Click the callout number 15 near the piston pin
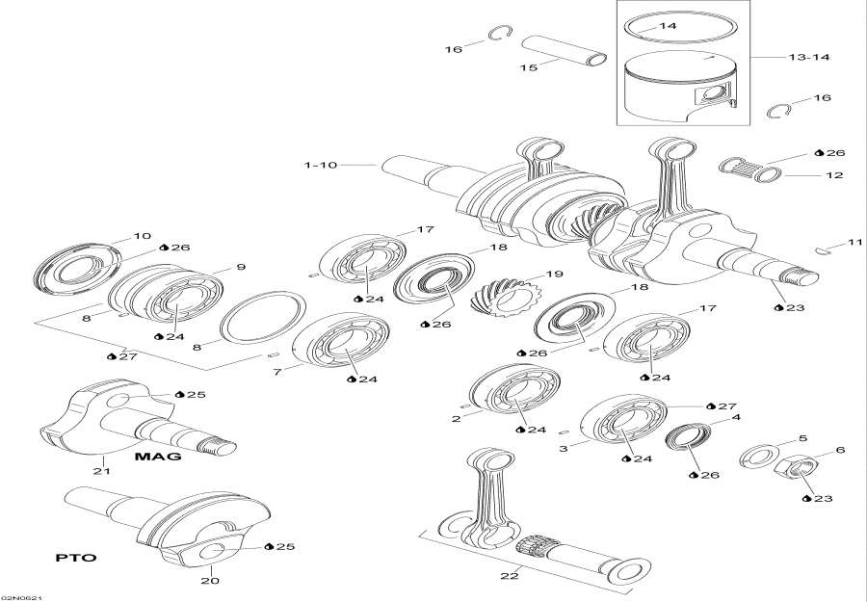pyautogui.click(x=528, y=67)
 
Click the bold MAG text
pyautogui.click(x=158, y=457)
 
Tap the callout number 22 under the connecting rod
pyautogui.click(x=509, y=576)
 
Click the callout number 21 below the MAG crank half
pyautogui.click(x=102, y=471)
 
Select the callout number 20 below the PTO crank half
pyautogui.click(x=211, y=581)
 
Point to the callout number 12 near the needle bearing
pyautogui.click(x=834, y=175)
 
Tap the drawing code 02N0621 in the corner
pyautogui.click(x=20, y=596)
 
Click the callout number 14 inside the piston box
pyautogui.click(x=668, y=29)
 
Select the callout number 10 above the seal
pyautogui.click(x=142, y=236)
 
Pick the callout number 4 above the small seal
pyautogui.click(x=736, y=418)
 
